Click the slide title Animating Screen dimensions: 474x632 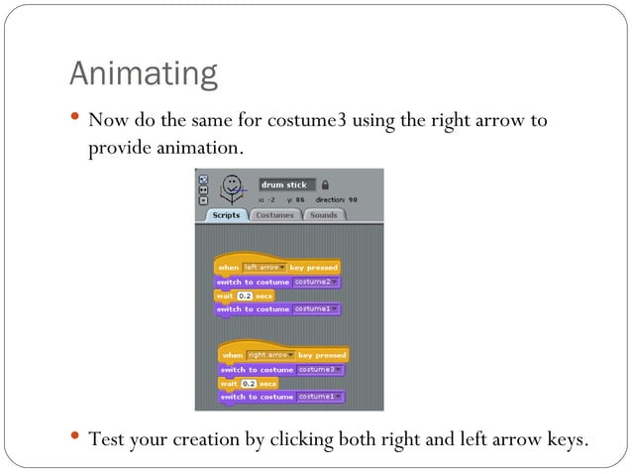click(x=143, y=73)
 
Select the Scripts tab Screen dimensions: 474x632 click(x=227, y=215)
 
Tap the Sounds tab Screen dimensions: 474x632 click(x=323, y=215)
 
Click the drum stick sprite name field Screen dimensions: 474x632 click(x=285, y=184)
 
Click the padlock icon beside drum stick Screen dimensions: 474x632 click(x=325, y=184)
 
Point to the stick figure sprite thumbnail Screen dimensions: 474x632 click(x=231, y=186)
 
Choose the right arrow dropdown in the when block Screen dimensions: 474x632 click(x=266, y=355)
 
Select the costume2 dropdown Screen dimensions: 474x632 click(x=317, y=282)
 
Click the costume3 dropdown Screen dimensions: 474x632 click(x=321, y=370)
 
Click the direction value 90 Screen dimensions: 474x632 click(x=353, y=199)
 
